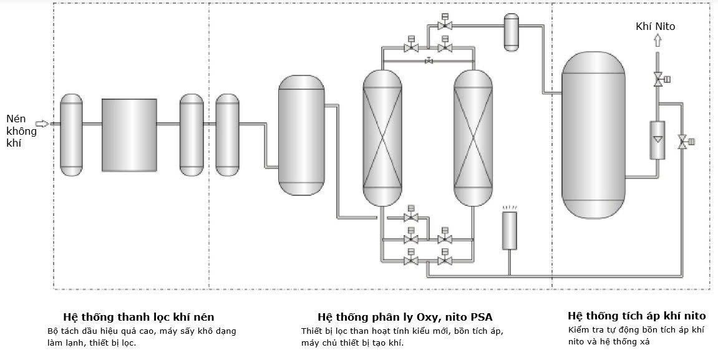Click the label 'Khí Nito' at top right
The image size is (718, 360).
coord(655,26)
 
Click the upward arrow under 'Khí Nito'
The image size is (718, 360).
coord(657,41)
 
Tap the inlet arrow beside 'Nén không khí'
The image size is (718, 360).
coord(42,124)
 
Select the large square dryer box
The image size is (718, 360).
coord(129,134)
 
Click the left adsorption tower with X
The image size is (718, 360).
coord(382,138)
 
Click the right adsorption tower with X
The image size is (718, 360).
coord(473,138)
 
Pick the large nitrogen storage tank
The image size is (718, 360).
coord(593,135)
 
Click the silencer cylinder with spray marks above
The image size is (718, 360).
coord(510,230)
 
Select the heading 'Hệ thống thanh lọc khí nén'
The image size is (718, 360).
coord(138,317)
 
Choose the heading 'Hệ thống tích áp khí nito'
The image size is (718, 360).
coord(636,316)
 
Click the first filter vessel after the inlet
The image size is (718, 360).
coord(71,134)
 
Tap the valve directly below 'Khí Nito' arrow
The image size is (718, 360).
coord(657,79)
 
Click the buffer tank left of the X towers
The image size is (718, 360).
coord(301,135)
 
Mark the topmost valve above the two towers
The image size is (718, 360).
coord(445,25)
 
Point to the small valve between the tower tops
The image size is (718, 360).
coord(428,61)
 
